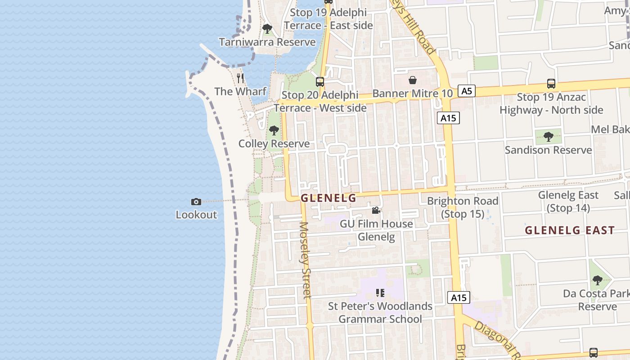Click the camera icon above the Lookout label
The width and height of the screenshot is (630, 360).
196,202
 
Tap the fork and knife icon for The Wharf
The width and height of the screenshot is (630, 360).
240,78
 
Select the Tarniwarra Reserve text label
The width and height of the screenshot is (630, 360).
267,42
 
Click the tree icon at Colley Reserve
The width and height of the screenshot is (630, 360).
274,131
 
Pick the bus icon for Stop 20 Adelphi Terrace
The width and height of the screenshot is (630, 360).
320,82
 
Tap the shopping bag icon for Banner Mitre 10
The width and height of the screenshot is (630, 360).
412,81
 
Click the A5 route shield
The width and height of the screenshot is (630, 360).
467,91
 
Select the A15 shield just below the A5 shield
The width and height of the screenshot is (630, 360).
448,118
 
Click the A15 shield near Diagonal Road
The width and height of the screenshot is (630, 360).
459,297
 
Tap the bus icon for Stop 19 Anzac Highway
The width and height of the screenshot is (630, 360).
551,83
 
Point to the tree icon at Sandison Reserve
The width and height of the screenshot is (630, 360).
548,136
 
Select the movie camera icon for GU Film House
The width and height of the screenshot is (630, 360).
376,211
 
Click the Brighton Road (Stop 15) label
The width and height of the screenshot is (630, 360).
463,207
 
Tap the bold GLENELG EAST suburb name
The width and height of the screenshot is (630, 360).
570,230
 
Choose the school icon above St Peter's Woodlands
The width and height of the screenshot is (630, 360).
380,293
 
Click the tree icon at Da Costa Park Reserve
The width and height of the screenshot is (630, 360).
597,280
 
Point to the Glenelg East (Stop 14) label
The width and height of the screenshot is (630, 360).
568,202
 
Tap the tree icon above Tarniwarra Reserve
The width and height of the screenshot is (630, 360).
267,29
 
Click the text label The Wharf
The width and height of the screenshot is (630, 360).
240,92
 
